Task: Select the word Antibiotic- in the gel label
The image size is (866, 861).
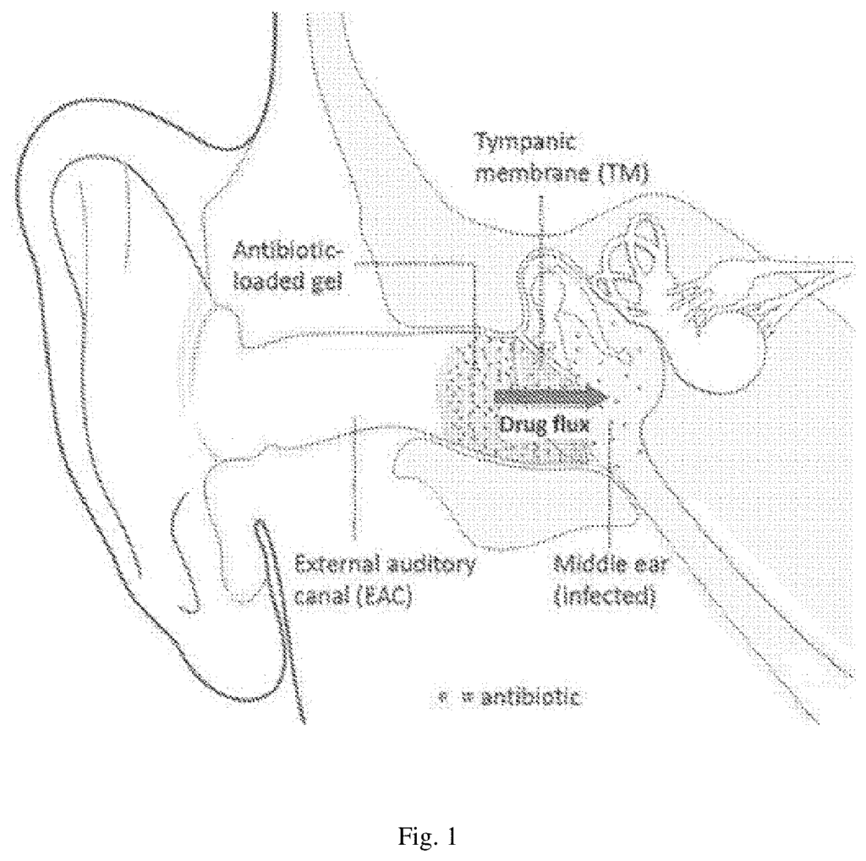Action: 288,251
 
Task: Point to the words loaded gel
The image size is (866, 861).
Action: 287,281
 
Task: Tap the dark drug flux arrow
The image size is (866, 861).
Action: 550,397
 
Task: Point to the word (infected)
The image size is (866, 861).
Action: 605,597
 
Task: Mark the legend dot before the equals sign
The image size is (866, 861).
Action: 441,698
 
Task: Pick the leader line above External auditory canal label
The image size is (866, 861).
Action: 354,478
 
